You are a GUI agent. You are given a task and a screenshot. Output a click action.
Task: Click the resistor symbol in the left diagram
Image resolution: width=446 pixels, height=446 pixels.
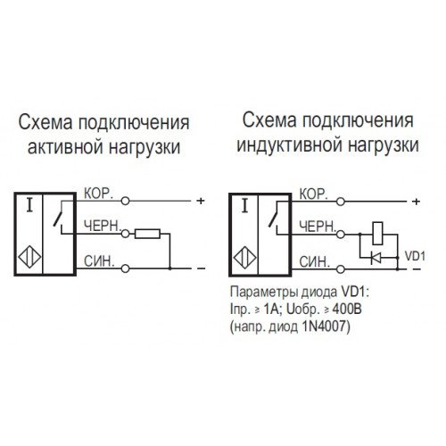click(147, 234)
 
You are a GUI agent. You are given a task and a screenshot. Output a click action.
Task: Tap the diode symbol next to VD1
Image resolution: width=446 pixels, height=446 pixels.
click(376, 258)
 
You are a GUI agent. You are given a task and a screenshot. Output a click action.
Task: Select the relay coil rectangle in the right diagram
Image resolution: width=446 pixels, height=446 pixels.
click(377, 234)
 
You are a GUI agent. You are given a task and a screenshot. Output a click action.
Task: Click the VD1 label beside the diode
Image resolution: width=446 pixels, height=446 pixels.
click(415, 256)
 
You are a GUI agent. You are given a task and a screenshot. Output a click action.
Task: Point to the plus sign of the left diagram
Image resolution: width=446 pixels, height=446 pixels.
click(201, 201)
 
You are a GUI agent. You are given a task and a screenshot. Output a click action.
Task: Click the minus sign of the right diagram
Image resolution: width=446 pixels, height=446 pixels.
click(417, 269)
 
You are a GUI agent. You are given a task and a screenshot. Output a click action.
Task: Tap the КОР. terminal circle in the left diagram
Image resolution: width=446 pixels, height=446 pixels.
click(126, 201)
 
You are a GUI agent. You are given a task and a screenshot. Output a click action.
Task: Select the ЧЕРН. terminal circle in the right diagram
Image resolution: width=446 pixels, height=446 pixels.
click(341, 235)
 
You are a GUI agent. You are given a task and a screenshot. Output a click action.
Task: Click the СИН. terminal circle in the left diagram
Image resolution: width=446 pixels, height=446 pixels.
click(126, 268)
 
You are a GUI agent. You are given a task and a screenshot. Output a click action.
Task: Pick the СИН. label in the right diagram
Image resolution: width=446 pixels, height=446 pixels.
click(315, 262)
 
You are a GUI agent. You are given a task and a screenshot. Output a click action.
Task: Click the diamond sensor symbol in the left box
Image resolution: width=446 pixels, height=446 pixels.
click(29, 257)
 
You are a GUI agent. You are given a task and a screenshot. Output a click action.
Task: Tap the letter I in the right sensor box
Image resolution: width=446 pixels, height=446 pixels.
click(244, 206)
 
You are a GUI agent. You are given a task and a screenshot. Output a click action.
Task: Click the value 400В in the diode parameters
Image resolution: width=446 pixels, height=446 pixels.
click(347, 310)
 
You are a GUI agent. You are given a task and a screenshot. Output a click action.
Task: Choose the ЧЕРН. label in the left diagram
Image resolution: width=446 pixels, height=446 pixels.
click(102, 226)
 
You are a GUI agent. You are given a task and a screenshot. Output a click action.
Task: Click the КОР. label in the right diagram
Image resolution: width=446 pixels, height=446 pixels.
click(314, 194)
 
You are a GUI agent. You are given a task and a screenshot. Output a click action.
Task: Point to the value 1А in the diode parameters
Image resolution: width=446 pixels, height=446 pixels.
click(271, 310)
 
